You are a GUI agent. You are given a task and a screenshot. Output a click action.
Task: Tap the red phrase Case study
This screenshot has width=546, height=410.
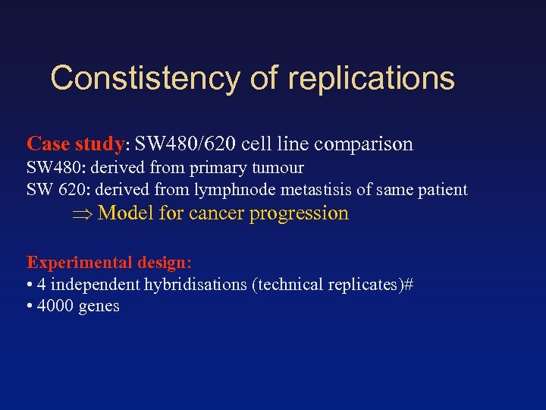coord(75,143)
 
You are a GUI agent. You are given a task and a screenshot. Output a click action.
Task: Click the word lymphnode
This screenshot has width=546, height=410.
coord(247,190)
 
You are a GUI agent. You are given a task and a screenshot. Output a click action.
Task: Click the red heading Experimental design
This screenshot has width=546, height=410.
coord(108,262)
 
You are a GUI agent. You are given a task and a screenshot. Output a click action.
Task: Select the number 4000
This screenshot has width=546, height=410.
coord(56,306)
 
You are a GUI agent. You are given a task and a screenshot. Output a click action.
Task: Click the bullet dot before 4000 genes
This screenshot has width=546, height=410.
coord(30,307)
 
